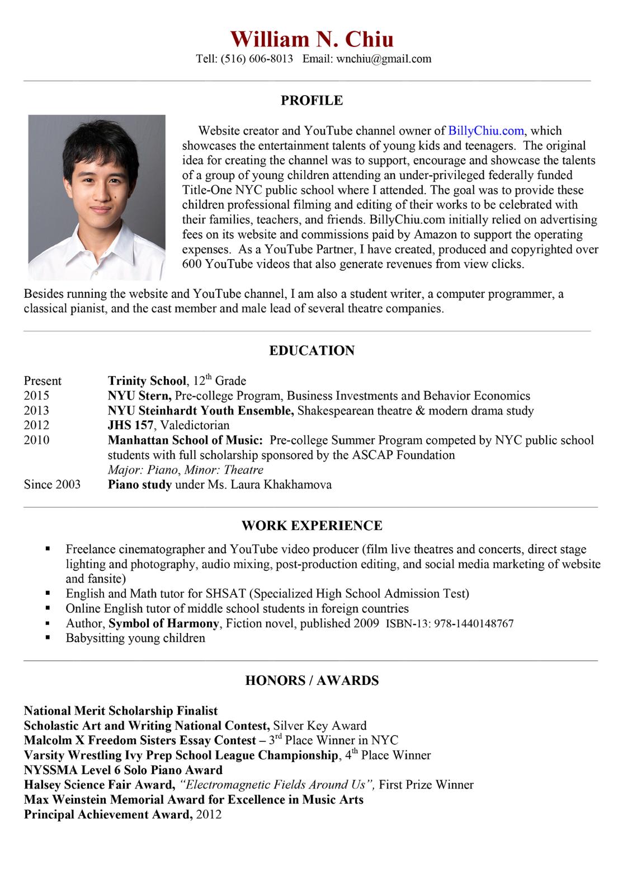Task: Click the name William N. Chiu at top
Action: (x=312, y=39)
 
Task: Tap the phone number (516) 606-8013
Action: (x=257, y=59)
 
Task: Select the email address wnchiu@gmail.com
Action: (x=384, y=59)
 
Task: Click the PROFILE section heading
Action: (x=312, y=101)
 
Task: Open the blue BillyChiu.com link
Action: (x=486, y=131)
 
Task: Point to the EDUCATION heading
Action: (x=312, y=351)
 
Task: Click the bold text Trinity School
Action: (x=147, y=381)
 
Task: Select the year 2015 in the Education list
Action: (x=36, y=396)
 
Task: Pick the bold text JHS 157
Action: (x=130, y=425)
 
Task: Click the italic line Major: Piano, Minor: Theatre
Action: (x=185, y=470)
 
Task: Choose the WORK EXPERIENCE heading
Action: (x=312, y=526)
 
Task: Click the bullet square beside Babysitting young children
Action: (x=48, y=637)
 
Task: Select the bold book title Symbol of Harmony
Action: (x=163, y=623)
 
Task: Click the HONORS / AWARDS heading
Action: (x=312, y=680)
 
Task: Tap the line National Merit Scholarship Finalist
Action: (x=121, y=711)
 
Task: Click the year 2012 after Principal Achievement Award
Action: (x=209, y=814)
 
